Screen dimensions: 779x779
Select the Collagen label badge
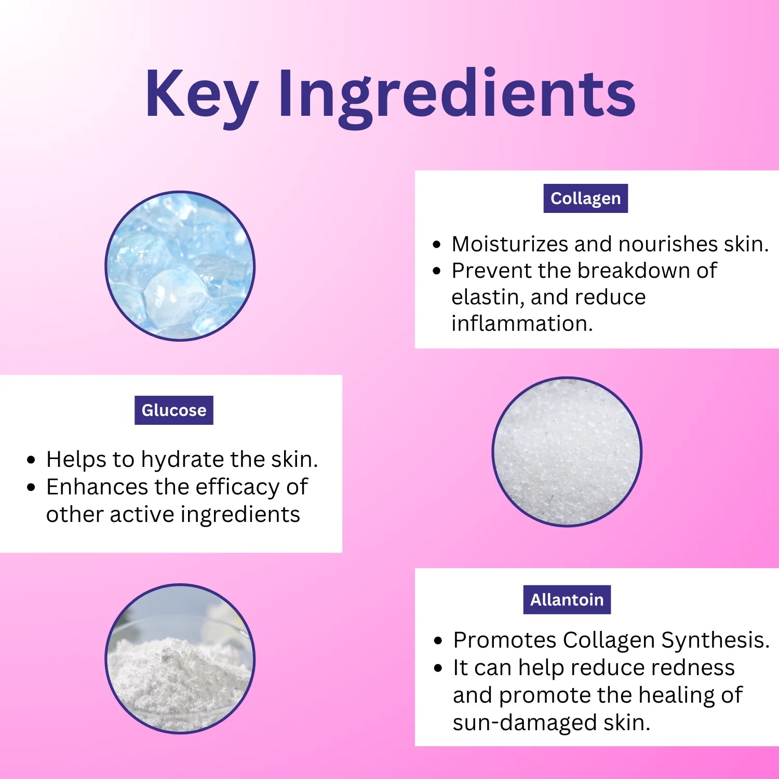coord(585,198)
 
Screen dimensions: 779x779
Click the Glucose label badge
coord(173,410)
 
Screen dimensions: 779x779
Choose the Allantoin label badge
coord(567,600)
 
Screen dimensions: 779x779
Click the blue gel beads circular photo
coord(180,266)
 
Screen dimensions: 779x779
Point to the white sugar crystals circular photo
coord(567,451)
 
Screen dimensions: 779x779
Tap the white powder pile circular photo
coord(180,659)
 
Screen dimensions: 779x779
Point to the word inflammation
coord(521,324)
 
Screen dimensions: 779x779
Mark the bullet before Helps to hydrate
coord(32,460)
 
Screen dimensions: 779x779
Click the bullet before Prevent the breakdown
coord(436,271)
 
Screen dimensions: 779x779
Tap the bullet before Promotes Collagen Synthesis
coord(438,641)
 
